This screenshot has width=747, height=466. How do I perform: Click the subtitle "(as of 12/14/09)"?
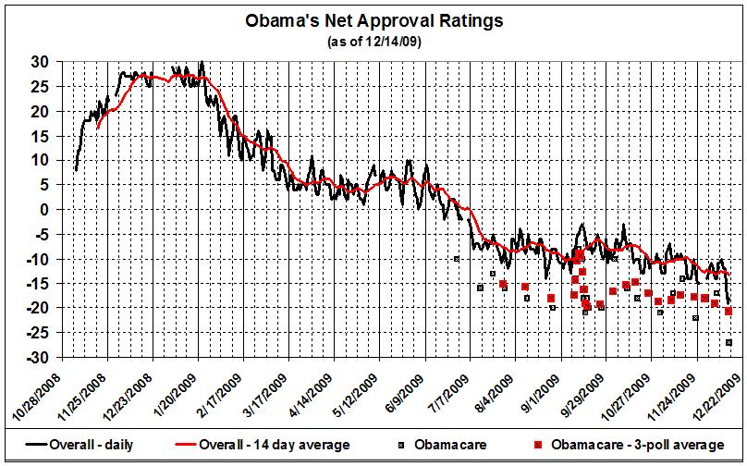click(x=373, y=42)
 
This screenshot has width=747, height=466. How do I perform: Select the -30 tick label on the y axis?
click(x=41, y=357)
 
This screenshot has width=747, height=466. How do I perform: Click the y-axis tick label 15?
click(x=43, y=136)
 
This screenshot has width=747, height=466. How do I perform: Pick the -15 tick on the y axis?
click(x=41, y=283)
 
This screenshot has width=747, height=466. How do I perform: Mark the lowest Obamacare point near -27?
click(x=729, y=343)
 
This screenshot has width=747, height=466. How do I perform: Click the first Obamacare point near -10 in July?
click(x=456, y=259)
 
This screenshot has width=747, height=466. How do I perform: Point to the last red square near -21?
click(x=729, y=311)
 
